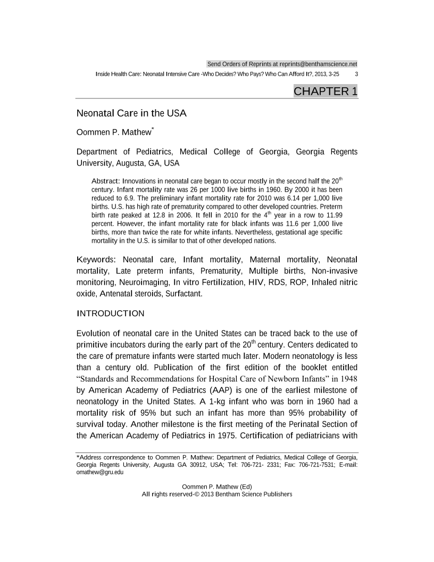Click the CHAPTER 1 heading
pos(325,91)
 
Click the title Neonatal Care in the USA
pos(131,113)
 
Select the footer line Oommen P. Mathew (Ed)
pos(216,486)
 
